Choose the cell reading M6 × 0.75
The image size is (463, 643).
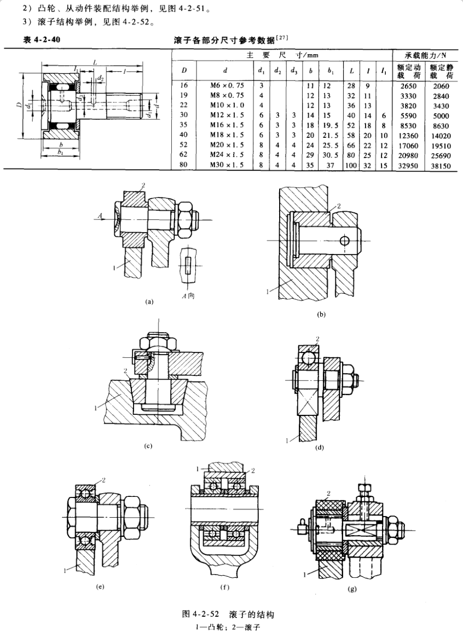pos(225,86)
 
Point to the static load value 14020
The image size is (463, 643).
pos(444,135)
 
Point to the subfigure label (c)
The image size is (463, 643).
pos(148,446)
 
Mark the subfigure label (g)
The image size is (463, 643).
pos(352,589)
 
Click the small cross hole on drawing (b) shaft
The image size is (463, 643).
pos(343,241)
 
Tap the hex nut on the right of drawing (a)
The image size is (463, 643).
pos(182,217)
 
